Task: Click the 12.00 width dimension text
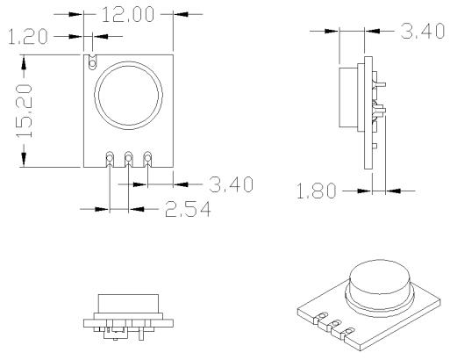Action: (x=127, y=15)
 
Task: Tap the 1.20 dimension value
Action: (x=27, y=37)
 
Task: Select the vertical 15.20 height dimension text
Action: (x=24, y=111)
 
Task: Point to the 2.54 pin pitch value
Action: (x=188, y=209)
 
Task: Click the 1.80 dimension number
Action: (x=316, y=191)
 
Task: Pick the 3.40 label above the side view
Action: (x=423, y=31)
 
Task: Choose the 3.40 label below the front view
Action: (x=231, y=184)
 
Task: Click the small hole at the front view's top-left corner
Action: (x=92, y=63)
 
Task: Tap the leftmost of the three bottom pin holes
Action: (x=110, y=158)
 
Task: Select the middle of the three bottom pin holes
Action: (x=129, y=158)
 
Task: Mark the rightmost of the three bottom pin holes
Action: (x=147, y=158)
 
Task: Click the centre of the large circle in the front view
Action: (x=128, y=96)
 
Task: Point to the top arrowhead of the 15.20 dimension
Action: (x=24, y=63)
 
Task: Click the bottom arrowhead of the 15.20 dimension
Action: (x=24, y=160)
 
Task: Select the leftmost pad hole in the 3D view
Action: (x=323, y=315)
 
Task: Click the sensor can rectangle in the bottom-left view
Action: (x=128, y=304)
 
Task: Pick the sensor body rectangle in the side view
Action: (x=348, y=97)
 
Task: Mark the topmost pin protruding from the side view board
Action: (x=381, y=85)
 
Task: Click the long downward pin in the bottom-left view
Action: (x=141, y=334)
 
